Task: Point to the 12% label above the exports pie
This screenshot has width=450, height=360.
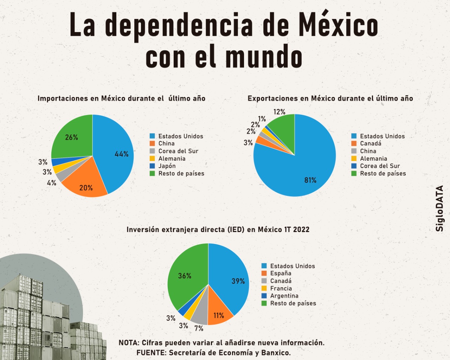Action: (279, 112)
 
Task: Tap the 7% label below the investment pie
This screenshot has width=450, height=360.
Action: (199, 328)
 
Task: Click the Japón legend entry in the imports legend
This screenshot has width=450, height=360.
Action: (167, 166)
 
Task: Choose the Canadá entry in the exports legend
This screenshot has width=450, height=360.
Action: (371, 143)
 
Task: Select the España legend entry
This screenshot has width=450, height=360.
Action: (281, 273)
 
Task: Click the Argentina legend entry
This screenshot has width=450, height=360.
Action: (284, 296)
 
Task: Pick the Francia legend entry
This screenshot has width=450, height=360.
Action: (281, 288)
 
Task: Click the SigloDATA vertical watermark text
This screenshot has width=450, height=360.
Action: (439, 208)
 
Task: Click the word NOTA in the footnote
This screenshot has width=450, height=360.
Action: (129, 343)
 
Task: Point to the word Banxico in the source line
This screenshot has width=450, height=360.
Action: (276, 353)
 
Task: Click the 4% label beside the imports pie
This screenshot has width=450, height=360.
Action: (52, 183)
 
